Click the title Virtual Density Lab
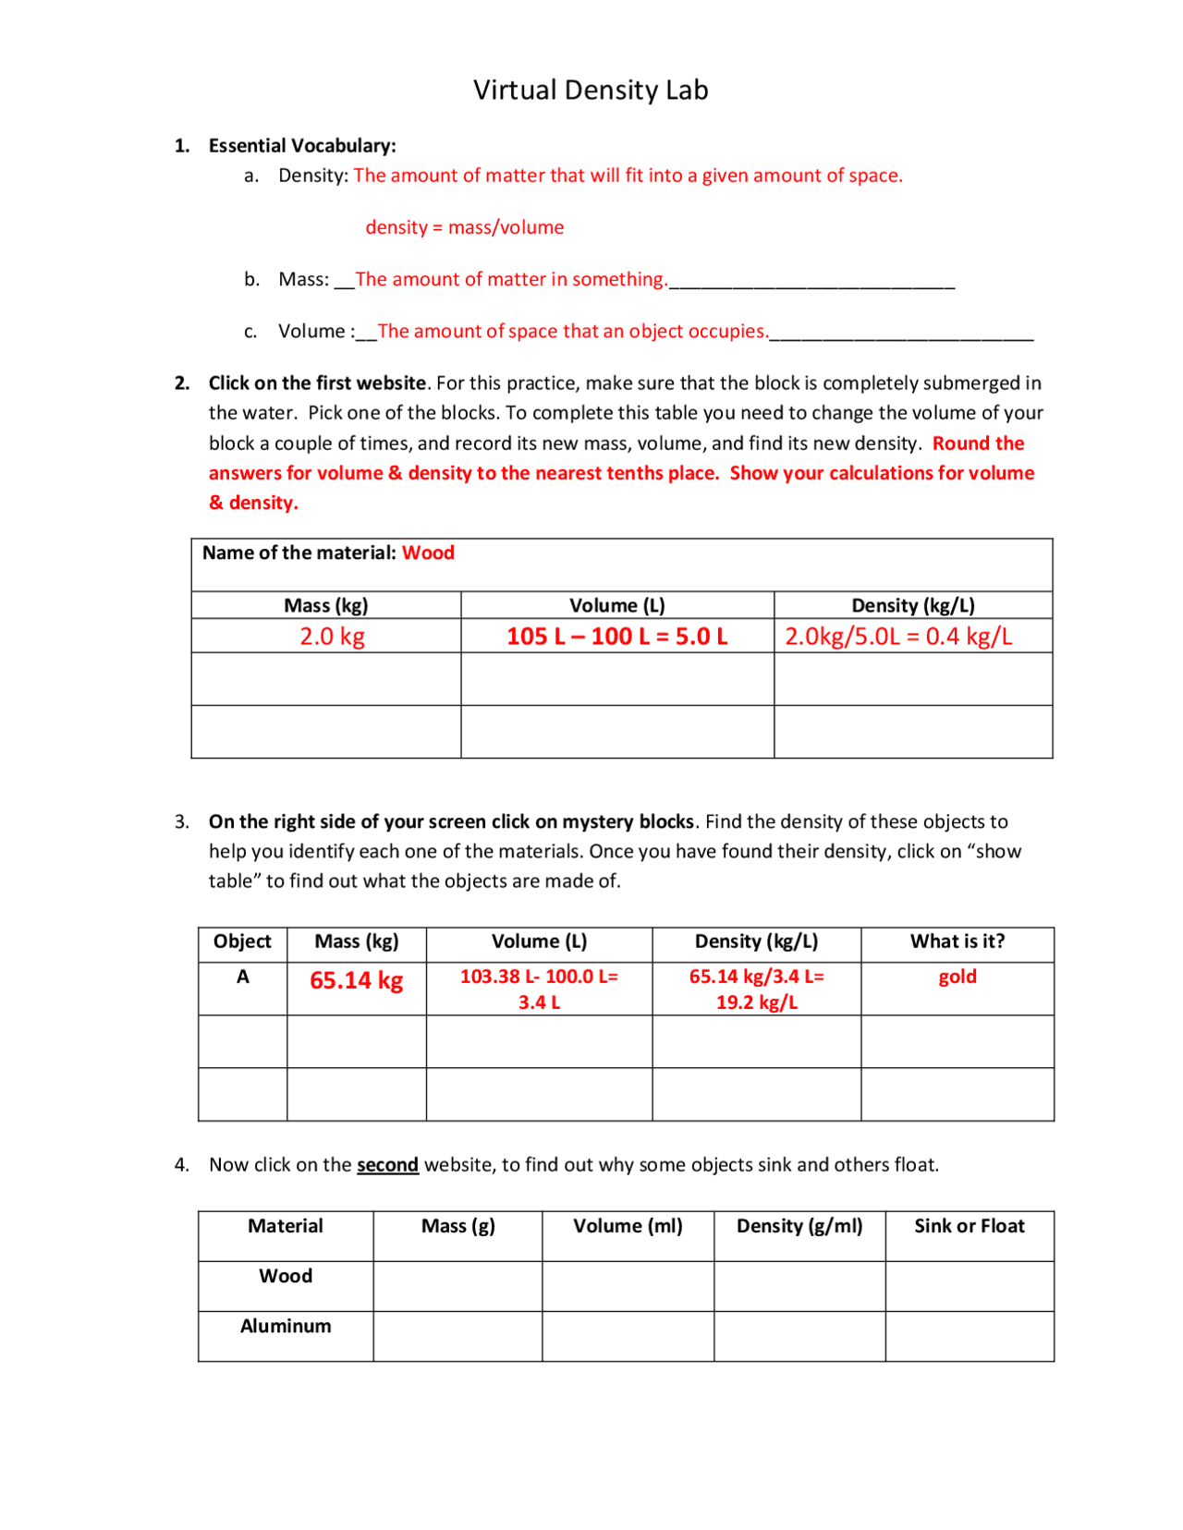coord(591,90)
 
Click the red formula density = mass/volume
coord(464,227)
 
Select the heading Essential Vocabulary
coord(301,145)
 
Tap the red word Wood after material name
coord(428,552)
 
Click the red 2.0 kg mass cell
coord(332,636)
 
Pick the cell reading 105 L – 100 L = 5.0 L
coord(616,636)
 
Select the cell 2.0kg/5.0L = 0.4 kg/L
coord(898,636)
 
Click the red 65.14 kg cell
coord(356,980)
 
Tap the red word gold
coord(957,977)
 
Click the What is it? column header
coord(957,941)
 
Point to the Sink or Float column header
coord(970,1226)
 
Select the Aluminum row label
coord(286,1326)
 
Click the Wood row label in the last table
coord(286,1276)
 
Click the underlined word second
coord(387,1165)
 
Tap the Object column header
coord(242,941)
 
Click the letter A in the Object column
coord(242,977)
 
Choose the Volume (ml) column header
coord(628,1226)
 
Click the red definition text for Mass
coord(510,279)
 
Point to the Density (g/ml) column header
coord(799,1226)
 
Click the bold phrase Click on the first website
coord(317,382)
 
